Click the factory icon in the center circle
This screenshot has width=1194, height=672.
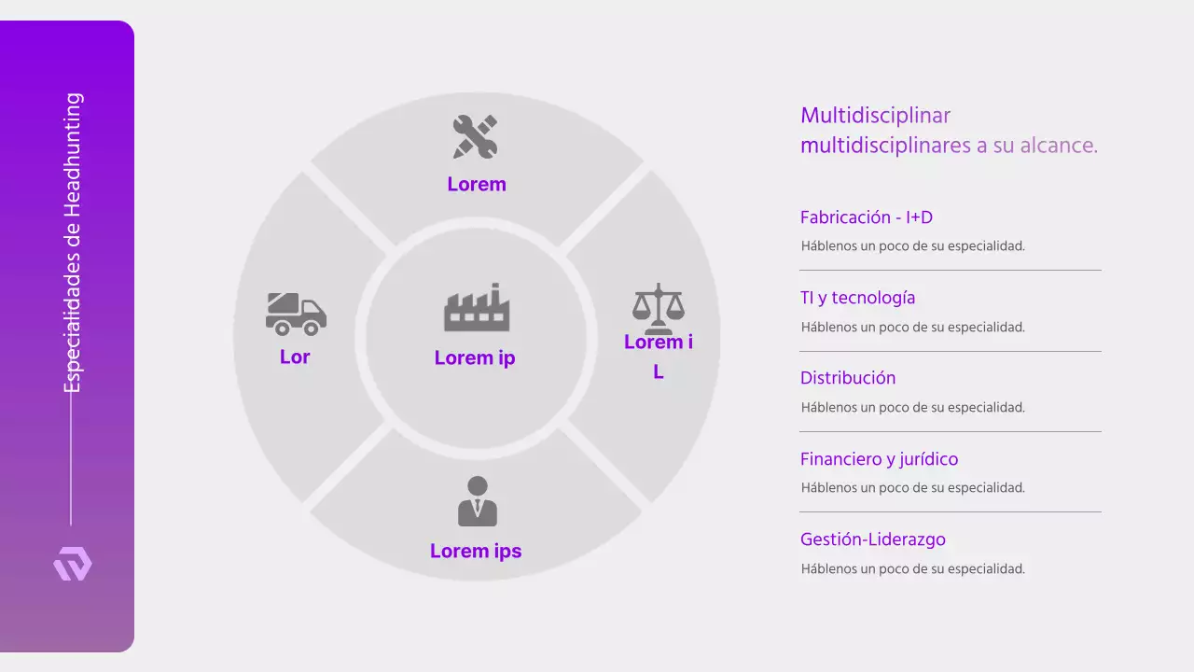tap(477, 308)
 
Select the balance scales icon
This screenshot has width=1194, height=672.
tap(659, 308)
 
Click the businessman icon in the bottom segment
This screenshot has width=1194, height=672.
tap(477, 501)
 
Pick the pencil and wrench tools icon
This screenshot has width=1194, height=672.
tap(476, 136)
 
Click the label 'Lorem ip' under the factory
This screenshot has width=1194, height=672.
tap(475, 357)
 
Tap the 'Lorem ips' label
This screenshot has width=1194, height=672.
tap(476, 551)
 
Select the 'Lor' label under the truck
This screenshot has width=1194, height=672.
tap(295, 357)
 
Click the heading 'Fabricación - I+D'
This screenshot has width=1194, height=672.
tap(867, 217)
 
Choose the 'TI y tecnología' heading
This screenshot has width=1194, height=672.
tap(857, 298)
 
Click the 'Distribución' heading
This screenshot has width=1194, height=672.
tap(848, 378)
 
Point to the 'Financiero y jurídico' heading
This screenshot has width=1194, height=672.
tap(879, 459)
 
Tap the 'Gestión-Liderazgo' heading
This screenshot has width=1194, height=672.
tap(873, 539)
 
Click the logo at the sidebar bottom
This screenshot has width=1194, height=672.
tap(73, 565)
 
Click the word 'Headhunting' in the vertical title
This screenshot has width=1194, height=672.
tap(73, 154)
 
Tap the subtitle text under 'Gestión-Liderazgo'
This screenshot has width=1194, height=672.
tap(912, 568)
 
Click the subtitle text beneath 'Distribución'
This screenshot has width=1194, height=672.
tap(912, 407)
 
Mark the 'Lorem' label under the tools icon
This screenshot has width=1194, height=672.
tap(477, 184)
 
